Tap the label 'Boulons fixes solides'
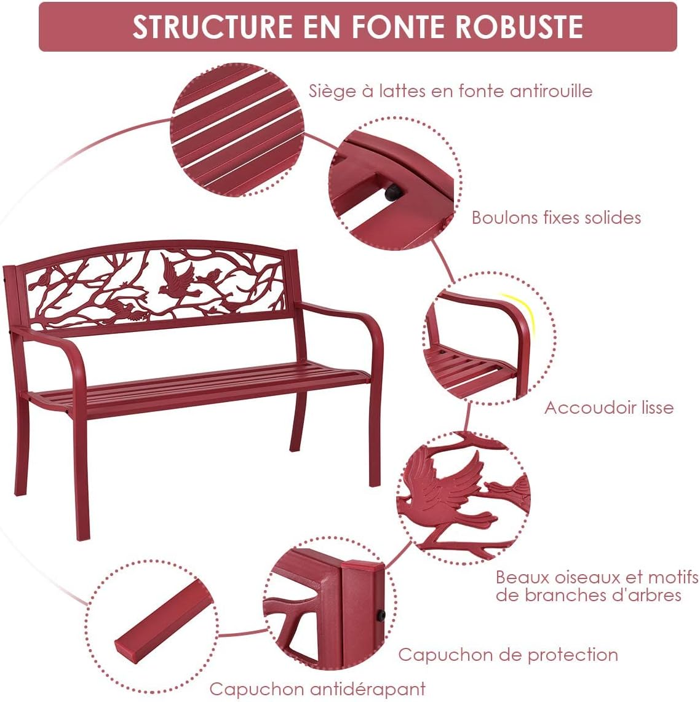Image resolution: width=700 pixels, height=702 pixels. (x=556, y=218)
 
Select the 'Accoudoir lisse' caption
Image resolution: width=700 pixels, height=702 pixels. (x=608, y=408)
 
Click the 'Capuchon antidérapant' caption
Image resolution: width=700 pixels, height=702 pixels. (x=317, y=688)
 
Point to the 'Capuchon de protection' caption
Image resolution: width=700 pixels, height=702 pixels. (x=508, y=655)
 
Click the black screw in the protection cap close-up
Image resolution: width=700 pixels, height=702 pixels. (x=380, y=615)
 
